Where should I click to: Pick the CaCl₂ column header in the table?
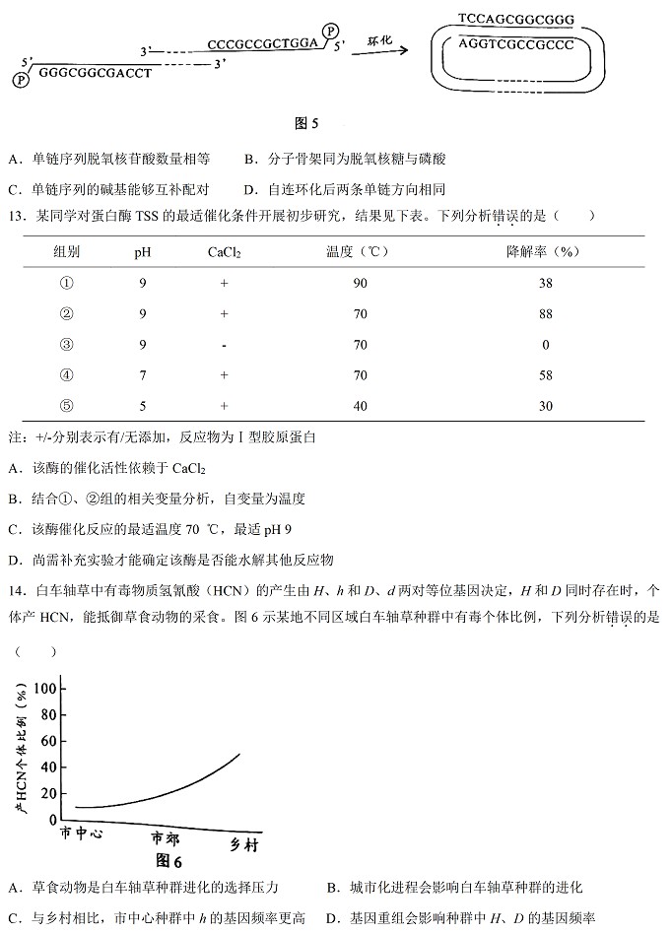coord(225,252)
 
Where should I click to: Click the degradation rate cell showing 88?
coord(544,314)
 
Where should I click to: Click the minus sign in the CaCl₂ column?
coord(225,345)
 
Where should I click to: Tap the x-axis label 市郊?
coord(166,838)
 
